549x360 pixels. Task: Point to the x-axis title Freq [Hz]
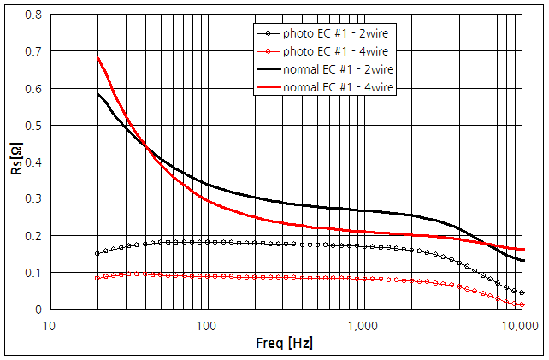pos(285,344)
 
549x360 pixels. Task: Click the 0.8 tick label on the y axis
pos(34,15)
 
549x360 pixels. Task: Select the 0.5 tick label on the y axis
pos(34,126)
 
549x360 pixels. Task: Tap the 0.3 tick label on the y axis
pos(34,199)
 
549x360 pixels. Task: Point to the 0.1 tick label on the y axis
pos(34,273)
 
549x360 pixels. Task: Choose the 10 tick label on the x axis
pos(50,326)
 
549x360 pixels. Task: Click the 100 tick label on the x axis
pos(206,326)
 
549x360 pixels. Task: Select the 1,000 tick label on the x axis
pos(363,326)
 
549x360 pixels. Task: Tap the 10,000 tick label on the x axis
pos(520,326)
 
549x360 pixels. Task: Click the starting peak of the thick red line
pos(97,58)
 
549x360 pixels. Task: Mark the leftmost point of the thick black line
pos(97,94)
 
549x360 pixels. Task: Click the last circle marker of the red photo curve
pos(522,305)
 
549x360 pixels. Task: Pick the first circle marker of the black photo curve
pos(97,253)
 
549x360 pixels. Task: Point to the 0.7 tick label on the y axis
pos(34,52)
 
